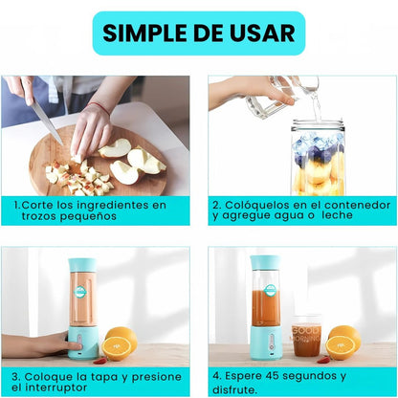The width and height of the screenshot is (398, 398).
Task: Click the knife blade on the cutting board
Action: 47,122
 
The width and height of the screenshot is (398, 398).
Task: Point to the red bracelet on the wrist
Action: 99,107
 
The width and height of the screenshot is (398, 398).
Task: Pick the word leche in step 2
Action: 337,215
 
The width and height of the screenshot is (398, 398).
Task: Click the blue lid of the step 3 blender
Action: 82,265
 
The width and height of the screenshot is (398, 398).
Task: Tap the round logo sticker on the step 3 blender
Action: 80,292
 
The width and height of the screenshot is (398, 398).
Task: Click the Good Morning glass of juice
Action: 306,336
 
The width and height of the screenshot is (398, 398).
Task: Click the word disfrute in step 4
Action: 233,389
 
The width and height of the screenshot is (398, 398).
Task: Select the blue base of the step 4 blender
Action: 266,343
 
